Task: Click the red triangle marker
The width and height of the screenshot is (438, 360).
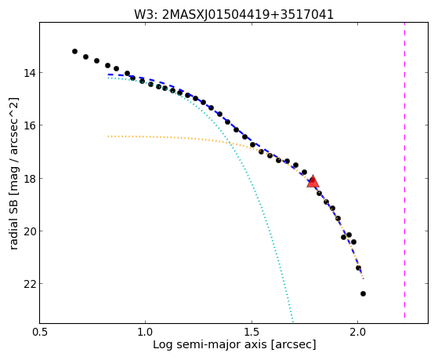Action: point(313,181)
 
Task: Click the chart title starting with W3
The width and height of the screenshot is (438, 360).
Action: point(233,14)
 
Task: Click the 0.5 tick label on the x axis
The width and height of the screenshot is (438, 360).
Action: point(39,333)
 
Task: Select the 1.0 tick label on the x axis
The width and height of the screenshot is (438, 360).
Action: point(145,333)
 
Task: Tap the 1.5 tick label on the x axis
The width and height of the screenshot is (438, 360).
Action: point(252,333)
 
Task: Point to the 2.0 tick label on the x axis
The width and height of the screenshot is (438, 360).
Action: point(358,333)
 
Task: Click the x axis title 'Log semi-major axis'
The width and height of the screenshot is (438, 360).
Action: point(209,345)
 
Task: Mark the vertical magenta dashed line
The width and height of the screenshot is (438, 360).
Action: point(404,170)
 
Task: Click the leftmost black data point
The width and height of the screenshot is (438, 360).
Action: point(74,51)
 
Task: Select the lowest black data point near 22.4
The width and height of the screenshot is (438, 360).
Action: point(363,293)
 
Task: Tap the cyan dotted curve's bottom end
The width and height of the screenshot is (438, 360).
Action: point(293,322)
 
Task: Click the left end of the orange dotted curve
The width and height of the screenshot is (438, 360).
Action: point(108,136)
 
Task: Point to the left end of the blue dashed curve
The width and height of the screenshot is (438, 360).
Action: point(108,75)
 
